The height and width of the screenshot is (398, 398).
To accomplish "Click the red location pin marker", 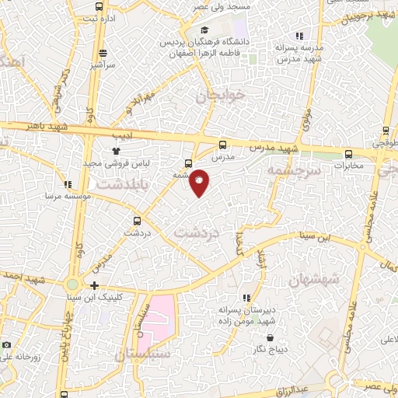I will coord(200,182).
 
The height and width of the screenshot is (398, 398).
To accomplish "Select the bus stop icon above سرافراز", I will coord(103,54).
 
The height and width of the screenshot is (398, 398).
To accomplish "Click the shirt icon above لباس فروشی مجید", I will coord(116,151).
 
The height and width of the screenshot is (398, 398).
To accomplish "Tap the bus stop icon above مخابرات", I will coord(349,154).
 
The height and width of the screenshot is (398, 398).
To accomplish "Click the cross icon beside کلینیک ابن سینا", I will coord(94,285).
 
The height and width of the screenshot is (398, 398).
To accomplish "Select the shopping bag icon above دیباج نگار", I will coord(270,337).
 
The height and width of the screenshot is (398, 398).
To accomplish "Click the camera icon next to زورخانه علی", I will coord(6,345).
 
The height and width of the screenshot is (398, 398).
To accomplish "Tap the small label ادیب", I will coord(123,136).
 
